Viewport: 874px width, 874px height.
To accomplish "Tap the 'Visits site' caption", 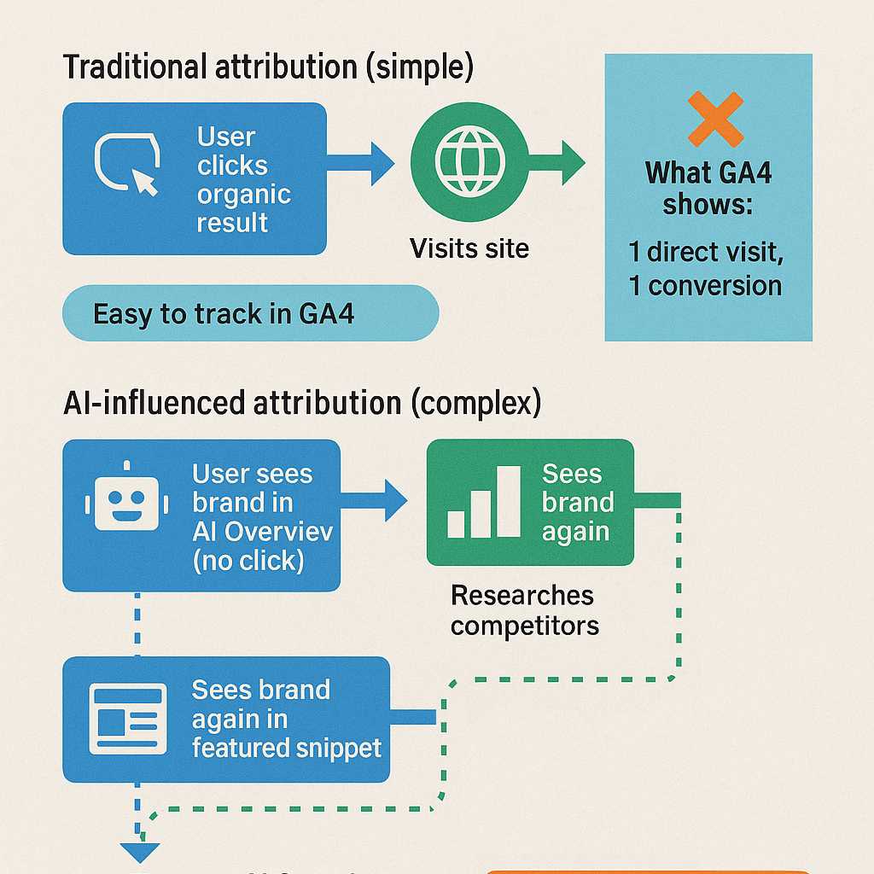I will coord(469,248).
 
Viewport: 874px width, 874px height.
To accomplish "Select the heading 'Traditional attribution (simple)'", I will coord(268,68).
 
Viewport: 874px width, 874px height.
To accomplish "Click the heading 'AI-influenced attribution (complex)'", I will coord(302,404).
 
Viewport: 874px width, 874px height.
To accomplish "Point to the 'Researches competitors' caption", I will coord(525,610).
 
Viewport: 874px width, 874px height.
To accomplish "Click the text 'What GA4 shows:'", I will coord(708,189).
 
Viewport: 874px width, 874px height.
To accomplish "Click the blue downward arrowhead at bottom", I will coord(139,851).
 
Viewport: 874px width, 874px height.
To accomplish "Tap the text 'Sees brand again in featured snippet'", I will coord(286,719).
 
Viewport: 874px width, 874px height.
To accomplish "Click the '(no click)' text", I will coord(248,561).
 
